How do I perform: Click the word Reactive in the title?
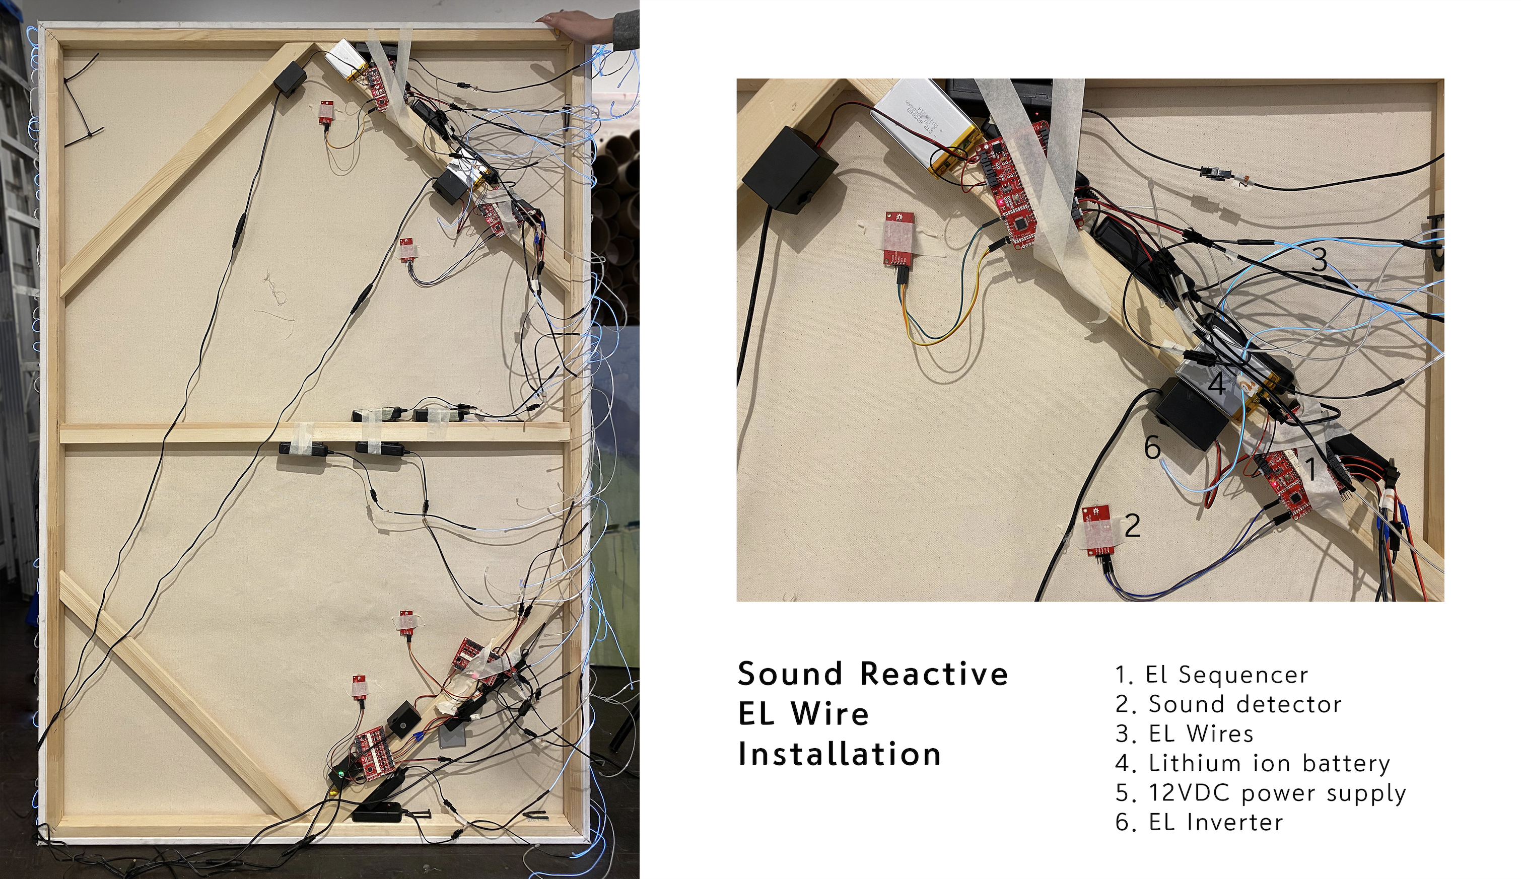(x=934, y=674)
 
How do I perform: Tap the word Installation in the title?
(x=840, y=754)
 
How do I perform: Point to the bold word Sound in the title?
(x=790, y=674)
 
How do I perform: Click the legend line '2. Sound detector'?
(x=1229, y=704)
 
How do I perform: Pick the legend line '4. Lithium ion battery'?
(x=1253, y=763)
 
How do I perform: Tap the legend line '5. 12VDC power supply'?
(x=1261, y=793)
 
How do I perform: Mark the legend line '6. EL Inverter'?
(x=1199, y=822)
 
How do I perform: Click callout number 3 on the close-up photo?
(x=1320, y=260)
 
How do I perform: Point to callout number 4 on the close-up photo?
(x=1216, y=384)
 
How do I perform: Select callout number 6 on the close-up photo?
(x=1152, y=447)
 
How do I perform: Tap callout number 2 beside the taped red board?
(x=1132, y=526)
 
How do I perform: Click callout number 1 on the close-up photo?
(x=1310, y=469)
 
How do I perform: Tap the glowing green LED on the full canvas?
(x=342, y=774)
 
